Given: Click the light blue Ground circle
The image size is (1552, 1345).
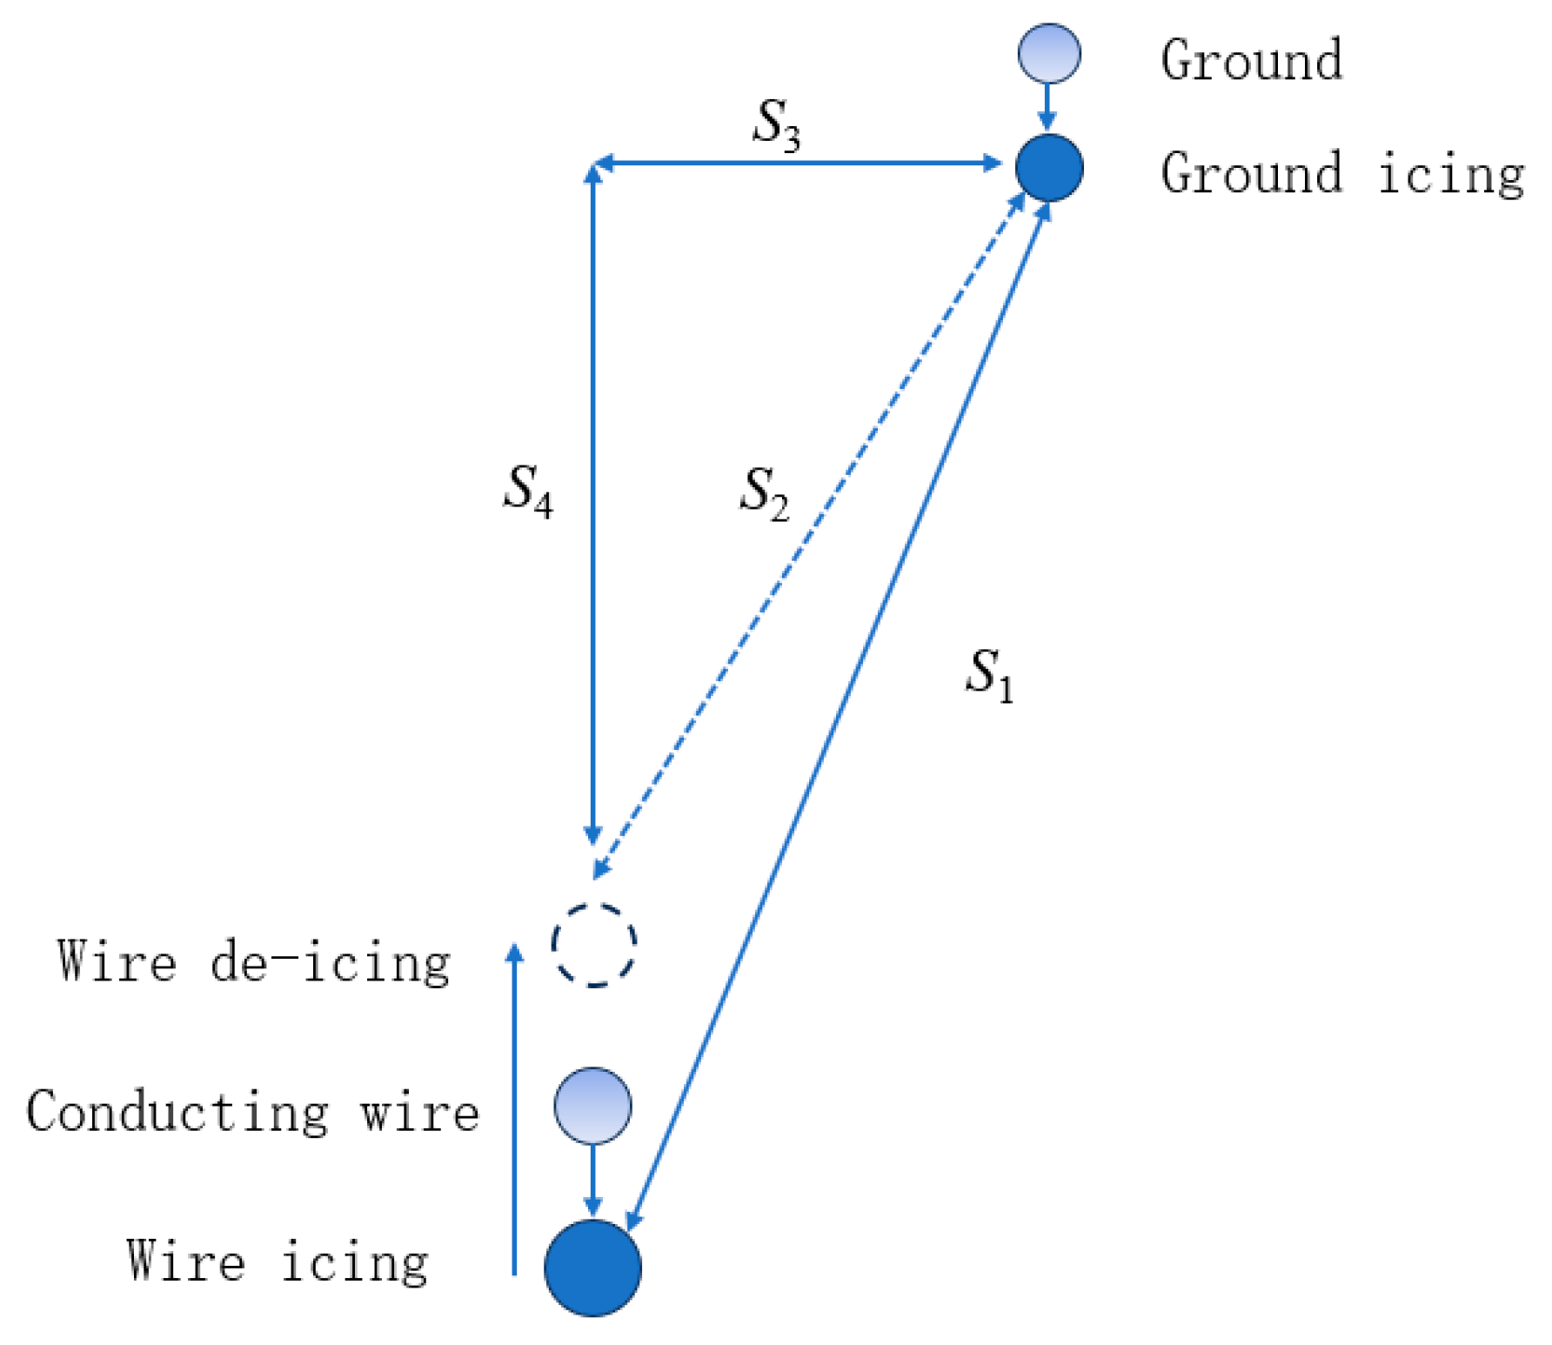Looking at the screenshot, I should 1049,53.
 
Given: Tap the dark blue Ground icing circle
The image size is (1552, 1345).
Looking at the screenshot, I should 1049,167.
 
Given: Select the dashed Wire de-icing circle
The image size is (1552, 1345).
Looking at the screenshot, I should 594,945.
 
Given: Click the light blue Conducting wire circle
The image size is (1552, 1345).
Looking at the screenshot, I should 593,1106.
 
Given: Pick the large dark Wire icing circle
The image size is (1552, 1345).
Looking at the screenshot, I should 593,1267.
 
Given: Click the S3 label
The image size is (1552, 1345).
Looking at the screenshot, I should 775,124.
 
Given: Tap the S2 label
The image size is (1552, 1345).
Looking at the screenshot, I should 764,492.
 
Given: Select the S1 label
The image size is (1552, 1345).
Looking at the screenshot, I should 989,674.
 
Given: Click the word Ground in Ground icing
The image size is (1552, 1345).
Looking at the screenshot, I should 1252,173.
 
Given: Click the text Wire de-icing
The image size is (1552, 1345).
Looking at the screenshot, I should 253,962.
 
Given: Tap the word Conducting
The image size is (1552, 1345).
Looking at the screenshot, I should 177,1112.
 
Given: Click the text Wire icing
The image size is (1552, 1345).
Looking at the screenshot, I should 277,1261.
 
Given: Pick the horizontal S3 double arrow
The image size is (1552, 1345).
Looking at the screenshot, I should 796,163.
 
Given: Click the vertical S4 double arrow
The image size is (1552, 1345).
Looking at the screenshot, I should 593,505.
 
